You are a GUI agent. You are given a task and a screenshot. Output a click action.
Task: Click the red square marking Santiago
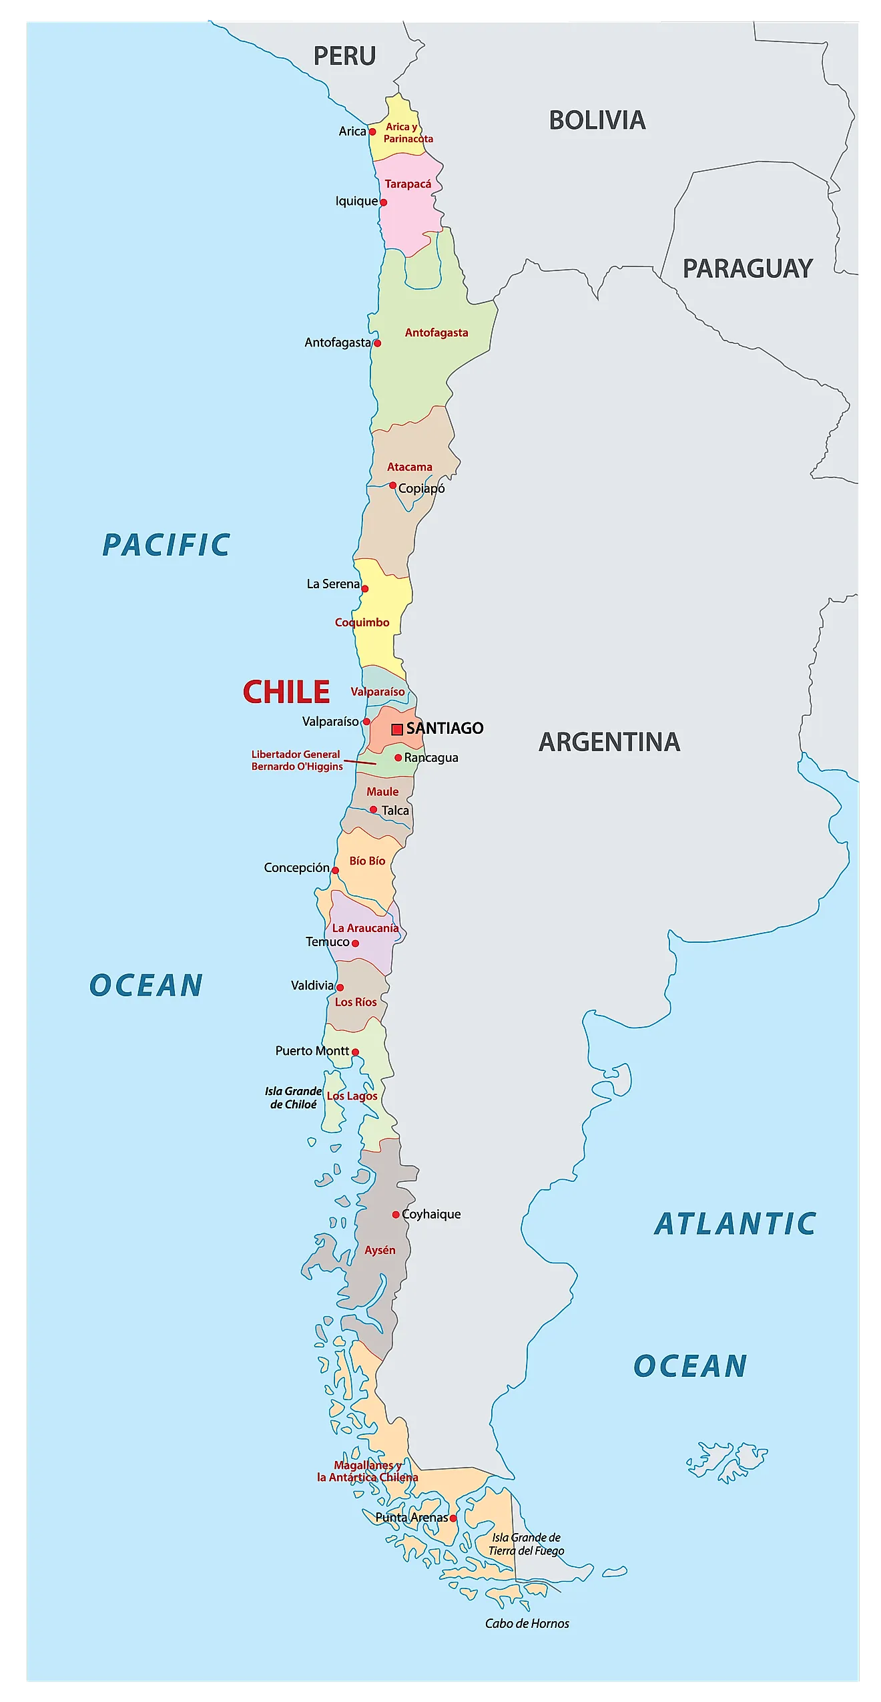pyautogui.click(x=397, y=729)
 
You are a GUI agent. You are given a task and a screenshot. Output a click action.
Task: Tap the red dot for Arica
pyautogui.click(x=372, y=132)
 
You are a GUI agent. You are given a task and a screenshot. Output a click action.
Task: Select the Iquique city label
pyautogui.click(x=356, y=201)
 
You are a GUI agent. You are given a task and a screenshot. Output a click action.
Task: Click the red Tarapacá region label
pyautogui.click(x=408, y=184)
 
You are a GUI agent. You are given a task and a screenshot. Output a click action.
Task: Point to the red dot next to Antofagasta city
pyautogui.click(x=377, y=343)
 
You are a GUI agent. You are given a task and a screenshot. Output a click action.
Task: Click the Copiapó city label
pyautogui.click(x=421, y=488)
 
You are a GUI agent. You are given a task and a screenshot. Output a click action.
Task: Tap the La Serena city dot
pyautogui.click(x=365, y=589)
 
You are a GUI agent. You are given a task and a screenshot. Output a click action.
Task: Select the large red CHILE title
pyautogui.click(x=286, y=692)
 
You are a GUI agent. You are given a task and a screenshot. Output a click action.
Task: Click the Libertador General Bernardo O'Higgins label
pyautogui.click(x=297, y=760)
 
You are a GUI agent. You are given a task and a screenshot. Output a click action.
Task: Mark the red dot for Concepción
pyautogui.click(x=335, y=870)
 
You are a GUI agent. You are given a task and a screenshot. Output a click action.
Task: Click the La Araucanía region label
pyautogui.click(x=365, y=927)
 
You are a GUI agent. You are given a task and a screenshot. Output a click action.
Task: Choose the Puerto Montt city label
pyautogui.click(x=312, y=1050)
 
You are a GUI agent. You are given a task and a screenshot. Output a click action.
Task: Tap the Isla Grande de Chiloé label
pyautogui.click(x=293, y=1097)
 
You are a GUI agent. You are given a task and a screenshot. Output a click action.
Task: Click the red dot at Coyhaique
pyautogui.click(x=396, y=1214)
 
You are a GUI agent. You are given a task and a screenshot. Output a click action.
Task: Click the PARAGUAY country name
pyautogui.click(x=747, y=268)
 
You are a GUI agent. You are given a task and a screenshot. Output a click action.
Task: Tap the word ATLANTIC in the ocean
pyautogui.click(x=735, y=1223)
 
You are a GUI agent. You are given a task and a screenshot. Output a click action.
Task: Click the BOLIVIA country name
pyautogui.click(x=597, y=121)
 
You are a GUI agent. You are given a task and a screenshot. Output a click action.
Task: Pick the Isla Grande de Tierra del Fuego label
pyautogui.click(x=526, y=1544)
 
